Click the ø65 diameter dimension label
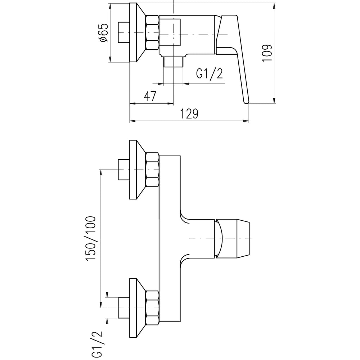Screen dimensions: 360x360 click(x=104, y=33)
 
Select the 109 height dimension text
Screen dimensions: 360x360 click(x=267, y=53)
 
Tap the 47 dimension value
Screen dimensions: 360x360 click(x=150, y=96)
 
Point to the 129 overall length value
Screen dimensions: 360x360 click(x=189, y=113)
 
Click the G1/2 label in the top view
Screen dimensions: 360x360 click(x=210, y=74)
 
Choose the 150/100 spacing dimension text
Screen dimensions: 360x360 click(x=91, y=238)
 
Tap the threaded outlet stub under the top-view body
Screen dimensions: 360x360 click(x=174, y=62)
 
